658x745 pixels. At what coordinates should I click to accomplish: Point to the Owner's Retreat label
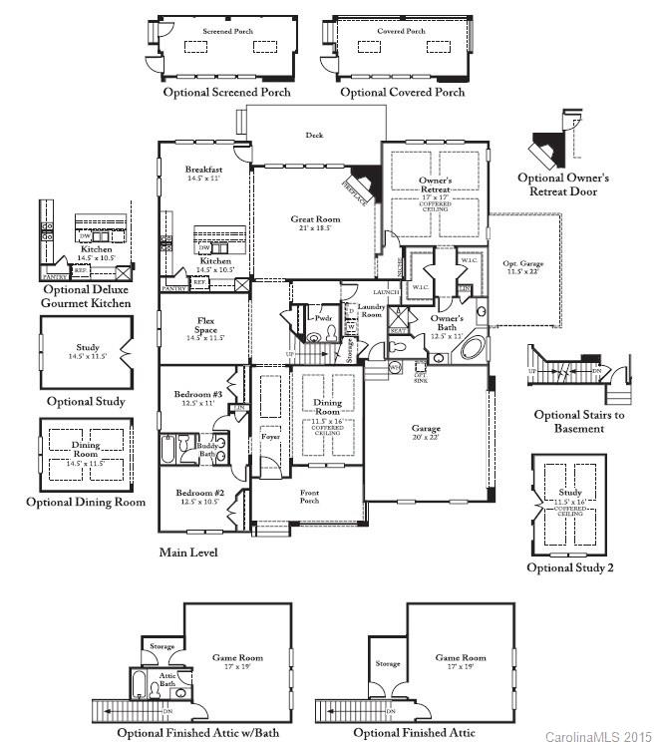[x=435, y=184]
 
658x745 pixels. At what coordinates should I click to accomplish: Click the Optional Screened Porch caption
[x=228, y=92]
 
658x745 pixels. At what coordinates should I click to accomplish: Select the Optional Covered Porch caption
[x=403, y=92]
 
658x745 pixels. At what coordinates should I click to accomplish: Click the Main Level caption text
[x=188, y=552]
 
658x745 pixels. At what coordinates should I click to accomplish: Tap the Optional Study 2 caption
[x=570, y=567]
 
